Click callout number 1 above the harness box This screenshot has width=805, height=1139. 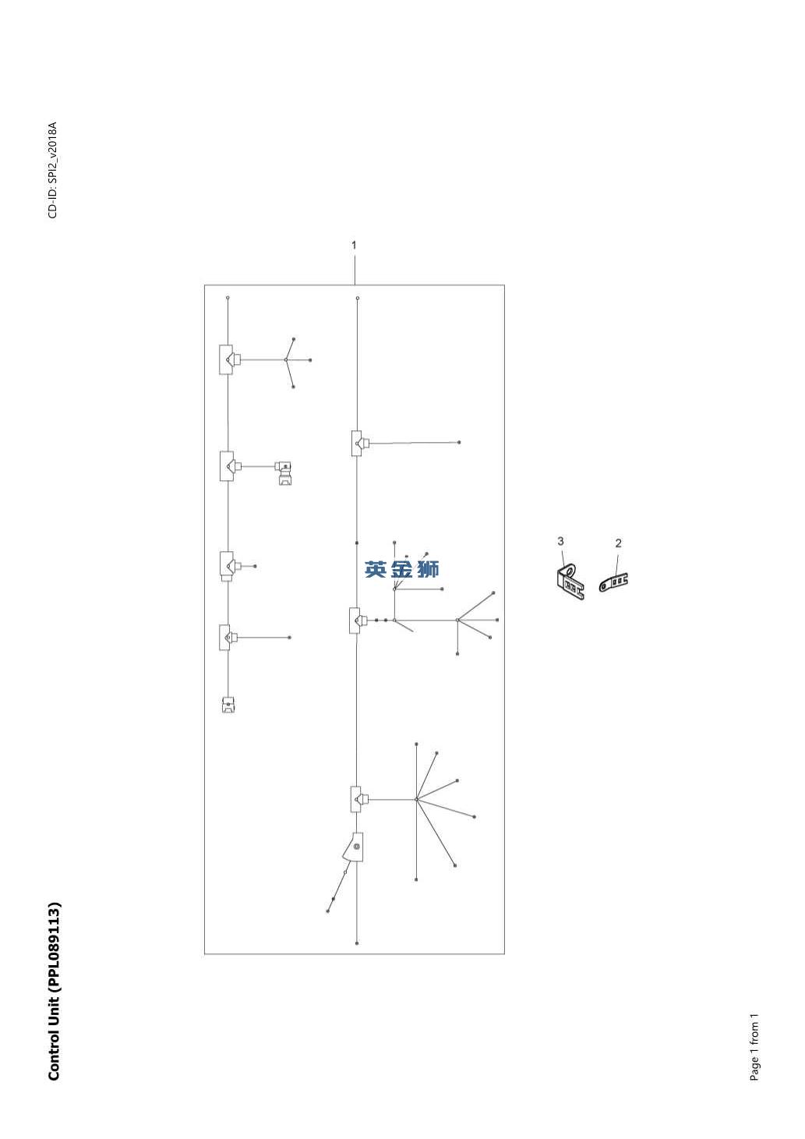point(354,245)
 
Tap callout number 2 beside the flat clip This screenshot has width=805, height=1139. point(618,543)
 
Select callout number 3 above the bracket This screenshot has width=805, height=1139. point(560,541)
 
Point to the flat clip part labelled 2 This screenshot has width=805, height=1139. point(613,582)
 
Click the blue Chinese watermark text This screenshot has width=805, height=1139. point(402,569)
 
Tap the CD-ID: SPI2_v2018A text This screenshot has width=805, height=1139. point(53,170)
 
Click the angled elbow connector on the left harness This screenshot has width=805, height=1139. point(284,472)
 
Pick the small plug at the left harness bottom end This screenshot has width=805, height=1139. point(228,705)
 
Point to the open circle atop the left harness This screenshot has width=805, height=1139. point(228,298)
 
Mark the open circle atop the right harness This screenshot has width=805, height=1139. point(358,298)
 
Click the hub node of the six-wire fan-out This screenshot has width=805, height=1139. point(416,800)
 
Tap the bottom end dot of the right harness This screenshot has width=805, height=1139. point(357,943)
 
